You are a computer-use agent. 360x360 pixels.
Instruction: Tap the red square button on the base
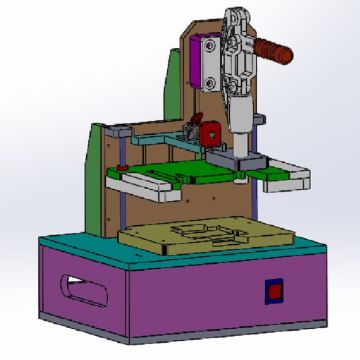point(271,291)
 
